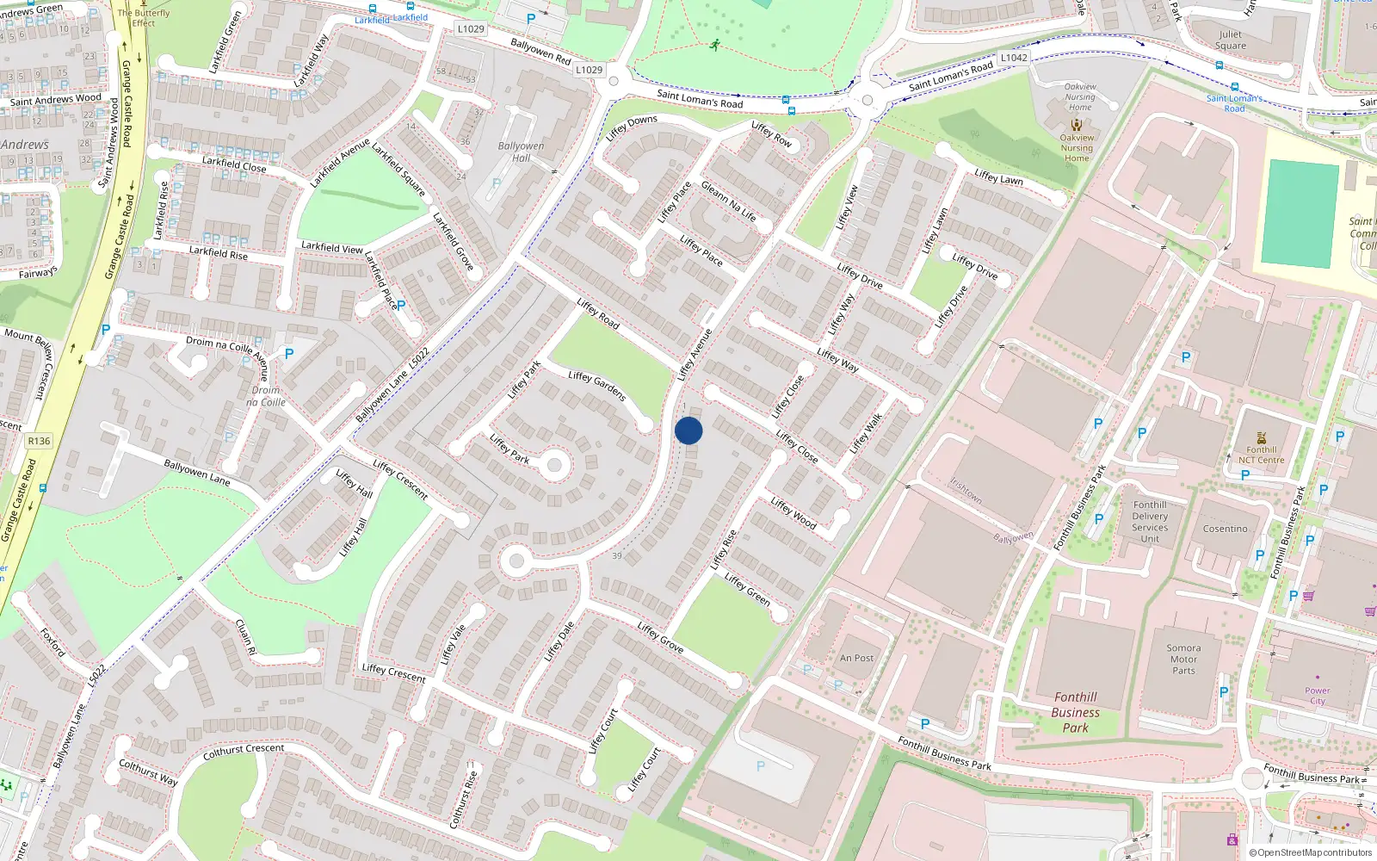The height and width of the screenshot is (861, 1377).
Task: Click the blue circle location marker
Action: coord(688,430)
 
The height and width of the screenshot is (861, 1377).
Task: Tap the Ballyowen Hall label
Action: coord(521,152)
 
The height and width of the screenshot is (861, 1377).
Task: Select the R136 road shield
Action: coord(39,441)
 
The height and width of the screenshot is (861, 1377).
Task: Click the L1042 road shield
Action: coord(1014,58)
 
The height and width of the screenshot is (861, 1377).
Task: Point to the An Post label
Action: coord(856,658)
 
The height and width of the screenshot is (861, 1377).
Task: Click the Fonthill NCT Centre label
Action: coord(1261,455)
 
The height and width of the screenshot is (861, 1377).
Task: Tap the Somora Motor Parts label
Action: coord(1183,659)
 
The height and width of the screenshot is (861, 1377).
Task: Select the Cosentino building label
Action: coord(1225,529)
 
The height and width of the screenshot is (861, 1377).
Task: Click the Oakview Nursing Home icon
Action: coord(1076,125)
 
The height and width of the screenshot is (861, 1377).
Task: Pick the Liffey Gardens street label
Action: coord(596,385)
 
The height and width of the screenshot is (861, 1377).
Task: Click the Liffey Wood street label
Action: coord(793,512)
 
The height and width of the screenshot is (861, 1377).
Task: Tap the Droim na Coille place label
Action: coord(265,396)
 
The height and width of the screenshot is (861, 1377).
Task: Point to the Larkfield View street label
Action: coord(332,247)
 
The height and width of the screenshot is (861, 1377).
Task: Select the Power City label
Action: coord(1317,696)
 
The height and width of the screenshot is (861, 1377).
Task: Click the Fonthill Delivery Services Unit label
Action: coord(1150,522)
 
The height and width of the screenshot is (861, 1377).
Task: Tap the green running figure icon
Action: coord(714,45)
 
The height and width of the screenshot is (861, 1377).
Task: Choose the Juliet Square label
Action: coord(1231,40)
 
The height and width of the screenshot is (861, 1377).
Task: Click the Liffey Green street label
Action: coord(747,588)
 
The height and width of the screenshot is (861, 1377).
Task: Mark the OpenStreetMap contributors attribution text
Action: coord(1311,852)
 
